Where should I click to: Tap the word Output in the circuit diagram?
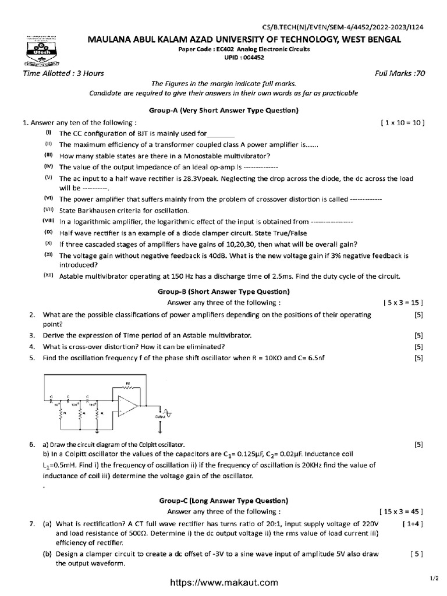click(160, 417)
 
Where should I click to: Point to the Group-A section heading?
click(223, 110)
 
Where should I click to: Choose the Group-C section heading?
click(223, 501)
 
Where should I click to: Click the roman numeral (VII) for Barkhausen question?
click(48, 210)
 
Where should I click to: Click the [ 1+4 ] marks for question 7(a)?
click(412, 524)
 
